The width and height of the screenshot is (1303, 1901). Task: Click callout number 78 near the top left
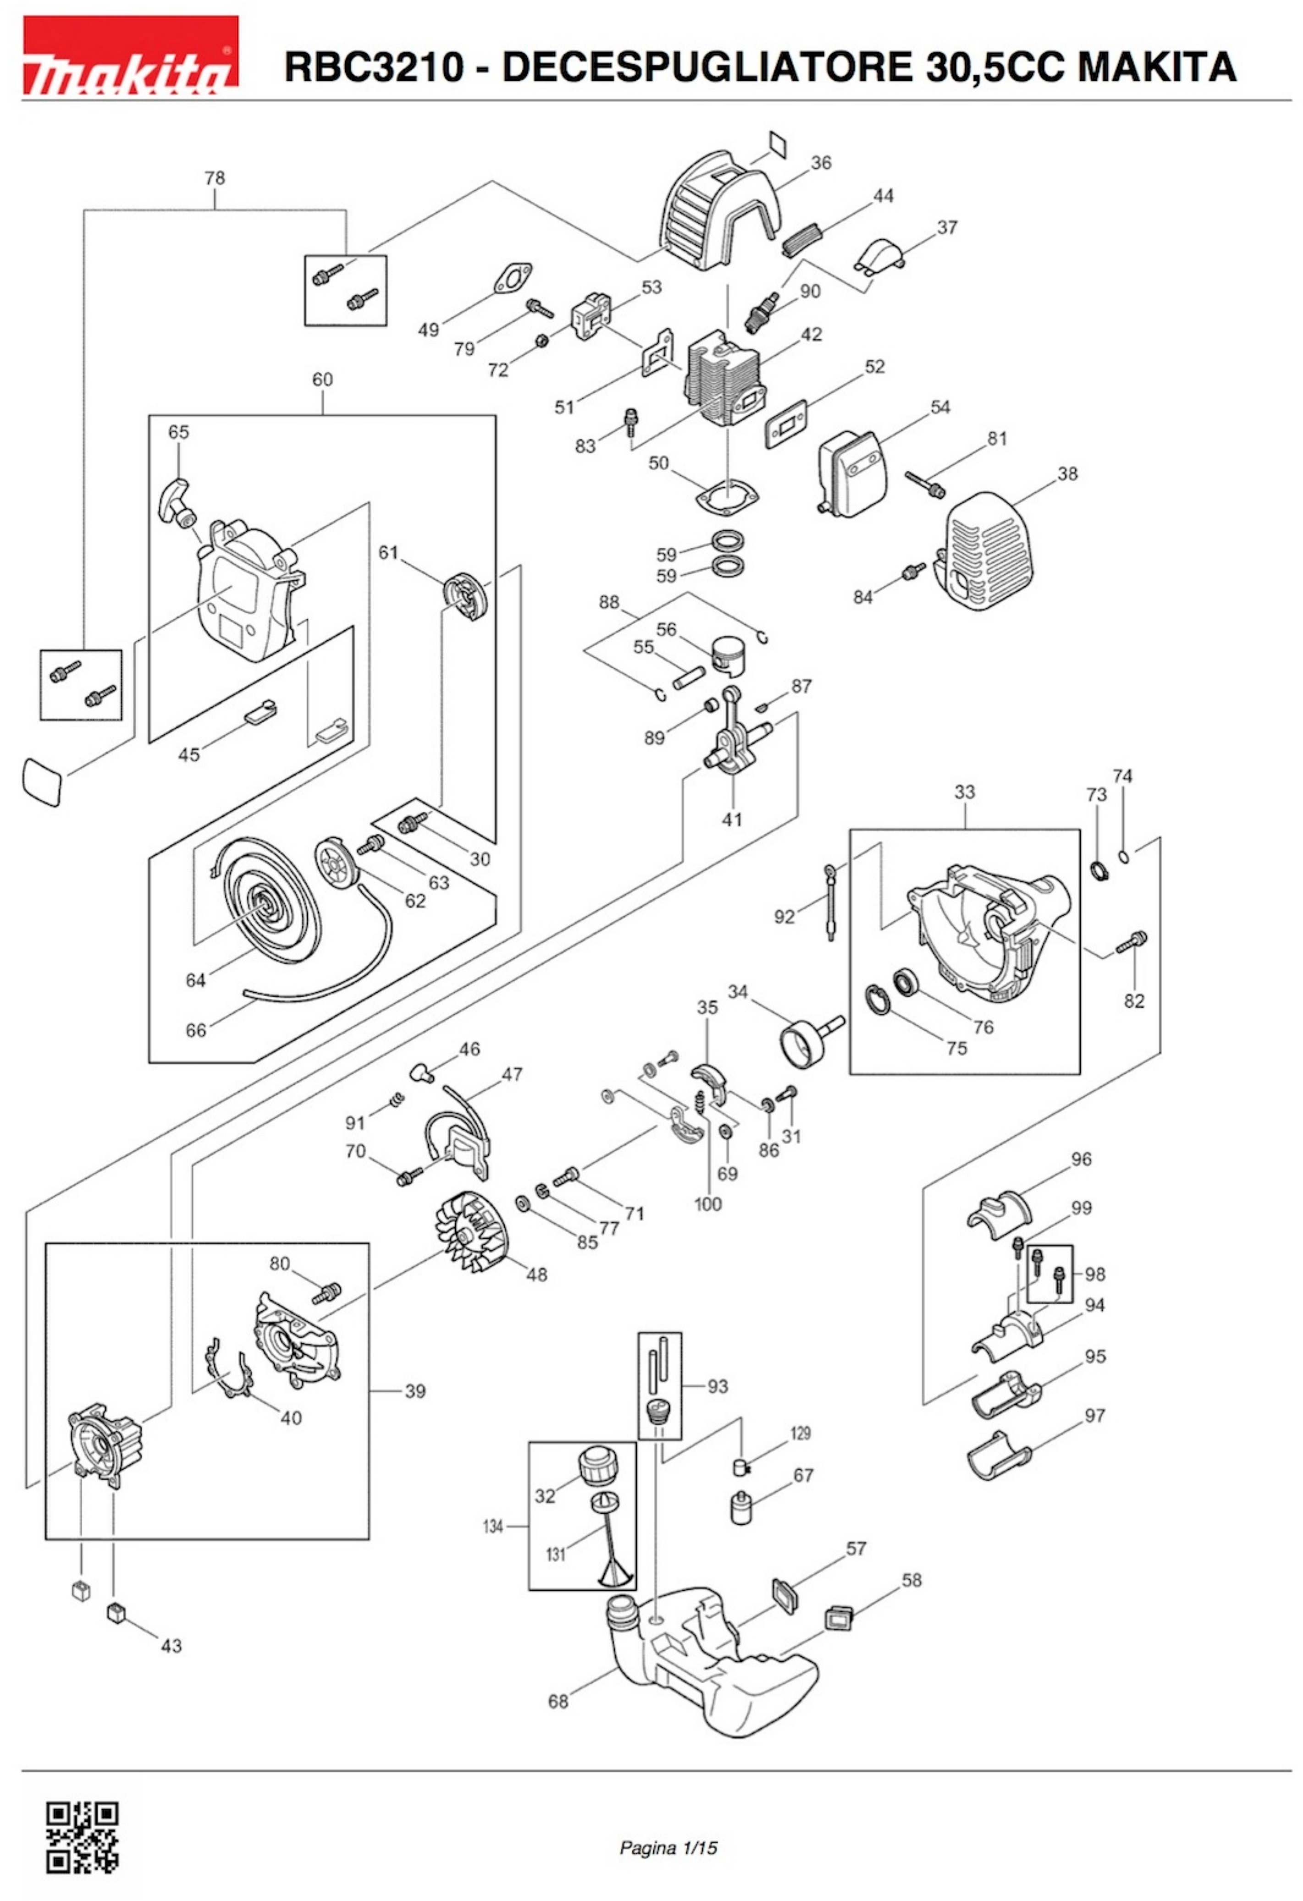click(x=214, y=177)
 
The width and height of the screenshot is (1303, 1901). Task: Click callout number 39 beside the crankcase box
click(x=415, y=1391)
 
